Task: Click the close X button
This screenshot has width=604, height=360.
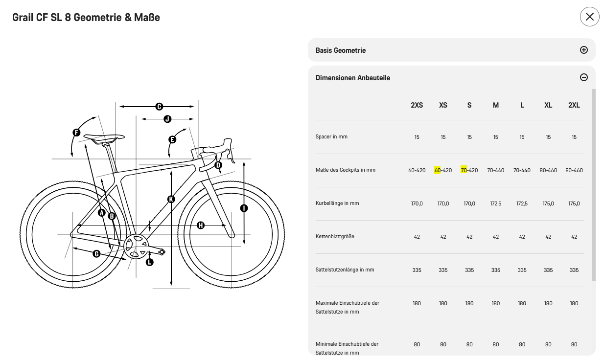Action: coord(589,17)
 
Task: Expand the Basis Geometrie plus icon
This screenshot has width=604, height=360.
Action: coord(583,50)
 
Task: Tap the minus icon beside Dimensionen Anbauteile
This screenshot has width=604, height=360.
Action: coord(583,77)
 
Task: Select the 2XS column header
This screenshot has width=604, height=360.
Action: coord(417,105)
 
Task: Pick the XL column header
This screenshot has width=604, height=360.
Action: coord(548,105)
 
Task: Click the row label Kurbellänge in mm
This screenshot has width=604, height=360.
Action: coord(337,203)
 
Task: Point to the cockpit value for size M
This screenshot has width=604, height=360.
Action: coord(495,170)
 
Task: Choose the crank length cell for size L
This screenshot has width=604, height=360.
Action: coord(522,203)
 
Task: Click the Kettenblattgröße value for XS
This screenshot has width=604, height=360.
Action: coord(443,237)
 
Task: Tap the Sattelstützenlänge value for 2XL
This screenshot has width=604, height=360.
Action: coord(574,270)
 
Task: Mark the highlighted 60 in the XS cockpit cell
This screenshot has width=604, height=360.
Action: coord(438,170)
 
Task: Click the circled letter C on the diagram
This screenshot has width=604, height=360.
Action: coord(159,107)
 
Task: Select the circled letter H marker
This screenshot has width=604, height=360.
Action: coord(200,225)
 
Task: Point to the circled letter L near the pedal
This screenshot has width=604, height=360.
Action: coord(150,262)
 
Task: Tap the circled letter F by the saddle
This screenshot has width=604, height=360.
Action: coord(76,133)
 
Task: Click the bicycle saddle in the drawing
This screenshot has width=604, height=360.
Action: coord(104,137)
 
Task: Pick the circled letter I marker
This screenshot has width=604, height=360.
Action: coord(244,208)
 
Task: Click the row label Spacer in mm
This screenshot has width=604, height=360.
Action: coord(331,137)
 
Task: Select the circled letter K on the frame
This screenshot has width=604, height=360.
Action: coord(171,199)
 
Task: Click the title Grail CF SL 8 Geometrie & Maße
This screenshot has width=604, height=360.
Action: coord(86,18)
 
